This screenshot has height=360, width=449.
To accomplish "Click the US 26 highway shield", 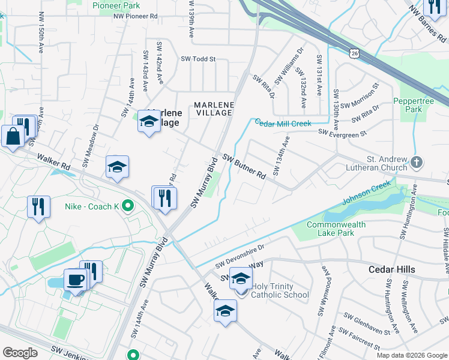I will coord(354,53).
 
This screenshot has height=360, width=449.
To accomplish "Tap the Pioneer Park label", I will coord(115,5).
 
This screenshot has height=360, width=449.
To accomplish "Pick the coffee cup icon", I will coord(76,279).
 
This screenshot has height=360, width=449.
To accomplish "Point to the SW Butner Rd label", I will coord(244,166).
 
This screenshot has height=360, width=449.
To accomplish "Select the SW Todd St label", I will coord(197,59).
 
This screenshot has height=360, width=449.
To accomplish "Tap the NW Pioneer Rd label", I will coord(135,17).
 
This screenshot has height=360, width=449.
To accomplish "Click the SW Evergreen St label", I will coord(342,131).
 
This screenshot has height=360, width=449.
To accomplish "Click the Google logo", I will coord(20,353).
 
